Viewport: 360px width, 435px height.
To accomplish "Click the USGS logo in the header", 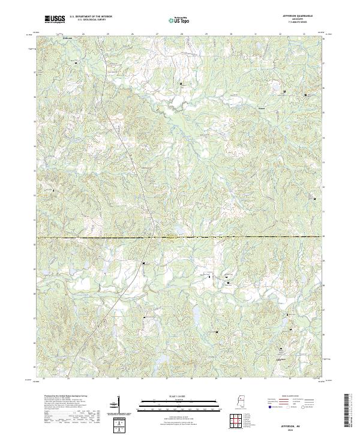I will tap(55, 19).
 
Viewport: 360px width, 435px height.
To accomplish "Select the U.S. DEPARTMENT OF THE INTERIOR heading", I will tap(91, 17).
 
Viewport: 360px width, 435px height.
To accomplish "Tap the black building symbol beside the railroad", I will tap(143, 263).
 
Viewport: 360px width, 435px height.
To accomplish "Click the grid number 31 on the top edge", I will tap(256, 34).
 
